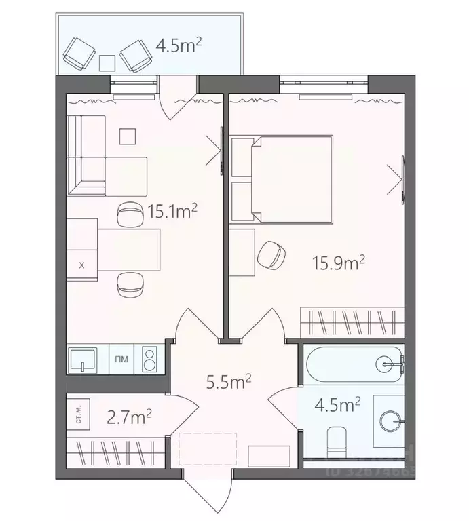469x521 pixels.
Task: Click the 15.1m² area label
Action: [x=172, y=212]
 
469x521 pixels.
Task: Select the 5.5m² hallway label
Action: [x=229, y=382]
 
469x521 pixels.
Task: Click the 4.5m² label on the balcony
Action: [x=179, y=47]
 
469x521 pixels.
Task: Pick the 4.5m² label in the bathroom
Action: [x=337, y=405]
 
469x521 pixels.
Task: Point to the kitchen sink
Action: [x=82, y=360]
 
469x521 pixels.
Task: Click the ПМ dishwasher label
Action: [x=121, y=360]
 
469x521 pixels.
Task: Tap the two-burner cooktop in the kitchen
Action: [x=149, y=360]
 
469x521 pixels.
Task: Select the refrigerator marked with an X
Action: [x=82, y=265]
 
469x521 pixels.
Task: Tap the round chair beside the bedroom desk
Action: [x=272, y=254]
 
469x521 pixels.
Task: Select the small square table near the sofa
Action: [x=128, y=136]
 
